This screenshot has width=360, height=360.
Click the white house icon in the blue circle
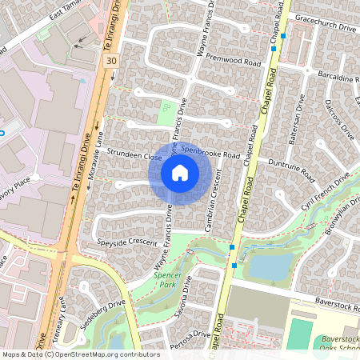pyautogui.click(x=180, y=172)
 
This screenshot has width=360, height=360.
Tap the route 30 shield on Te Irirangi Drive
pyautogui.click(x=110, y=60)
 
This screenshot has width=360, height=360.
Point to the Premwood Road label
pyautogui.click(x=234, y=61)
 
